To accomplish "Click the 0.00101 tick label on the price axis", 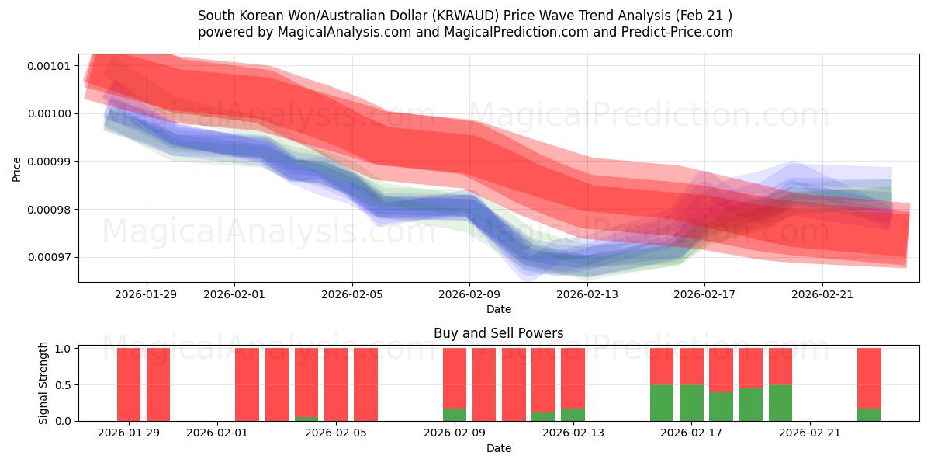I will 48,65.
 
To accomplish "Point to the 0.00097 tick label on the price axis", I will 48,257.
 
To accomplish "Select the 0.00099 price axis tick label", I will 48,162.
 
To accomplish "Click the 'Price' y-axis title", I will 17,168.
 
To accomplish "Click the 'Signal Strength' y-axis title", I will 43,383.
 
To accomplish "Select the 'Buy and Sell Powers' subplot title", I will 498,333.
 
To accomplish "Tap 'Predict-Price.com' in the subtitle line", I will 680,32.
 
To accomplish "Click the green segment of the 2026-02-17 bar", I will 691,402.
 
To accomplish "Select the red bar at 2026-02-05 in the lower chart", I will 336,384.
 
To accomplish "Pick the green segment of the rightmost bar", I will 869,415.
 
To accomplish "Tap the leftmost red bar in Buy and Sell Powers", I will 129,384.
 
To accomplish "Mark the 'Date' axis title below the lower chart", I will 498,448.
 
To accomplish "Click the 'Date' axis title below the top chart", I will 498,309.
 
